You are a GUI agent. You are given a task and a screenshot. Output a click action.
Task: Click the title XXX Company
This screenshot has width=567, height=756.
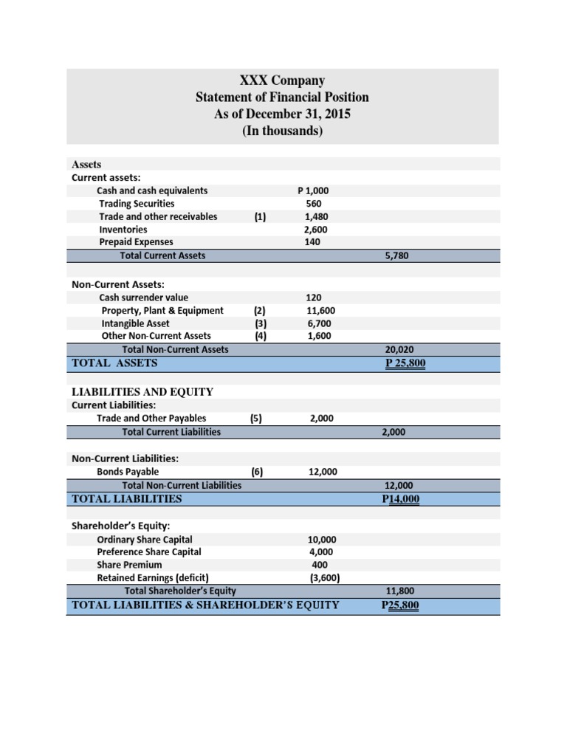pyautogui.click(x=282, y=80)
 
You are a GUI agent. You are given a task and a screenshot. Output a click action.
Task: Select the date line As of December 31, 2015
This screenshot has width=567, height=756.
pyautogui.click(x=282, y=114)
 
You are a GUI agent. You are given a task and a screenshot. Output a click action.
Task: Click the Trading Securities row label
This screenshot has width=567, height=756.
pyautogui.click(x=137, y=204)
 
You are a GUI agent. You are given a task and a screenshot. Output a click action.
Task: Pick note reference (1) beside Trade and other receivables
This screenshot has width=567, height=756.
pyautogui.click(x=260, y=217)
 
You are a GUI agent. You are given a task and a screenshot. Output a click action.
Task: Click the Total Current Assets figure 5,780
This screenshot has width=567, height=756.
pyautogui.click(x=396, y=255)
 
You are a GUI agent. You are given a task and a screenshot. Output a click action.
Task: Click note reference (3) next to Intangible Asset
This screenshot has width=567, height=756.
pyautogui.click(x=260, y=323)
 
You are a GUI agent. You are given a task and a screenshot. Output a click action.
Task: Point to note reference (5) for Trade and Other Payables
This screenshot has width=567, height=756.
pyautogui.click(x=256, y=418)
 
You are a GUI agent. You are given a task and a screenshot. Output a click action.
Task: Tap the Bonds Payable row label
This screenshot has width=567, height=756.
pyautogui.click(x=128, y=472)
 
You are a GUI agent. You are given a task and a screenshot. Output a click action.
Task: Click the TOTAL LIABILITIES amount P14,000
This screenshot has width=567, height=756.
pyautogui.click(x=400, y=499)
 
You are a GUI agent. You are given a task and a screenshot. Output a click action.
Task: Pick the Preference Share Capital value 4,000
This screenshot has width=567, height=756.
pyautogui.click(x=320, y=552)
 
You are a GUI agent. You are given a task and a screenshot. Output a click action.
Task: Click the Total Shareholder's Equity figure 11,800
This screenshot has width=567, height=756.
pyautogui.click(x=400, y=591)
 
